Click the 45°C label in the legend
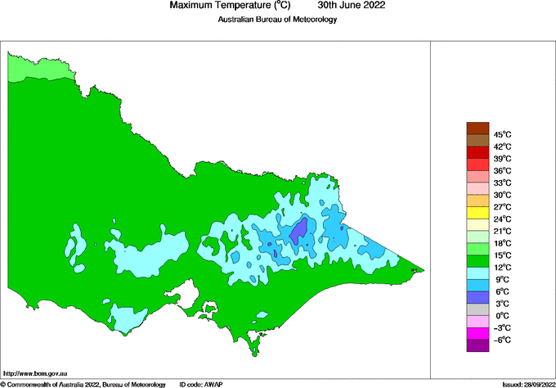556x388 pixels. point(501,134)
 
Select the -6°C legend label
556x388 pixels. point(501,340)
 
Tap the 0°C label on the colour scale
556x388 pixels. point(501,315)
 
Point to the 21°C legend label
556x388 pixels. point(501,231)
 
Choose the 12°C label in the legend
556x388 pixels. point(501,267)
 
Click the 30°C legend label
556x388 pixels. point(501,195)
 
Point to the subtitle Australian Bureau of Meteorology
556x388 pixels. point(277,20)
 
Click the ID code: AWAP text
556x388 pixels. point(201,384)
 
